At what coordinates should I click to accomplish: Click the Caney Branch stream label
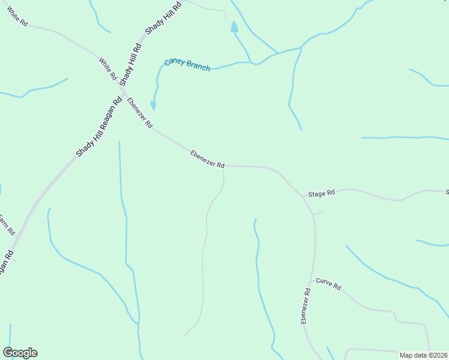pyautogui.click(x=187, y=64)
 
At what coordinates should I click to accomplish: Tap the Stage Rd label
pyautogui.click(x=321, y=194)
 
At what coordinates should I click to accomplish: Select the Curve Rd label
pyautogui.click(x=328, y=284)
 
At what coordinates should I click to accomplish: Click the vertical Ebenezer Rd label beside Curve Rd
pyautogui.click(x=306, y=306)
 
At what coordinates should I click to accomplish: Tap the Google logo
pyautogui.click(x=20, y=353)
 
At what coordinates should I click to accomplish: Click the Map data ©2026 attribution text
pyautogui.click(x=424, y=355)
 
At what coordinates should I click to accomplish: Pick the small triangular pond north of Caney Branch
pyautogui.click(x=234, y=27)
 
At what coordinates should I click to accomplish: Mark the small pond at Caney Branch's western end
pyautogui.click(x=153, y=106)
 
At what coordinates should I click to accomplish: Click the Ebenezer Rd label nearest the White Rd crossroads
pyautogui.click(x=140, y=113)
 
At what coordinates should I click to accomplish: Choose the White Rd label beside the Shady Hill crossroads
pyautogui.click(x=108, y=69)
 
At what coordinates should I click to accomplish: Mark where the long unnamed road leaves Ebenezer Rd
pyautogui.click(x=224, y=167)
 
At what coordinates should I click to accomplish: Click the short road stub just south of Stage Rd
pyautogui.click(x=318, y=213)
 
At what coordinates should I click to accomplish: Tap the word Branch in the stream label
pyautogui.click(x=198, y=66)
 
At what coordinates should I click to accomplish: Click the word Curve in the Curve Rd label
pyautogui.click(x=325, y=283)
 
